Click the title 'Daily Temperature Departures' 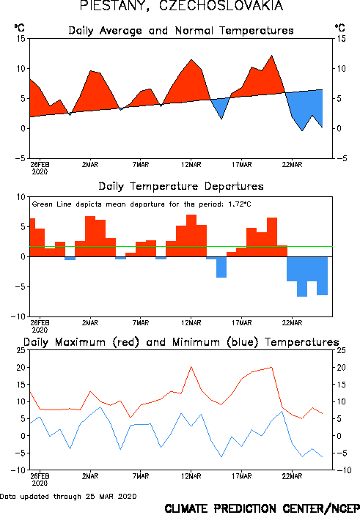tap(181, 187)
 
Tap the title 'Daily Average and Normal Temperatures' tap(181, 31)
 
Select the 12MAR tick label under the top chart tap(191, 165)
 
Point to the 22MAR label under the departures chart tap(292, 323)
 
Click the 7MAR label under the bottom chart tap(141, 476)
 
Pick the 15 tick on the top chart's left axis tap(21, 39)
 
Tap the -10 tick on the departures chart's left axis tap(18, 316)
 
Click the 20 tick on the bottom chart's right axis tap(341, 367)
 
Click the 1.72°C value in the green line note tap(239, 204)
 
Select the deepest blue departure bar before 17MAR tap(221, 267)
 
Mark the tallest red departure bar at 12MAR tap(191, 235)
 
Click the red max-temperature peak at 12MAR tap(191, 366)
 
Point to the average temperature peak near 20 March tap(271, 56)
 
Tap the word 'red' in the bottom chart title tap(126, 342)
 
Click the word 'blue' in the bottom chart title tap(242, 342)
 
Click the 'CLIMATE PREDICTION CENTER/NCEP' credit tap(262, 508)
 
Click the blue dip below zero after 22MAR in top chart tap(302, 130)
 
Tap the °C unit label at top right tap(340, 28)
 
